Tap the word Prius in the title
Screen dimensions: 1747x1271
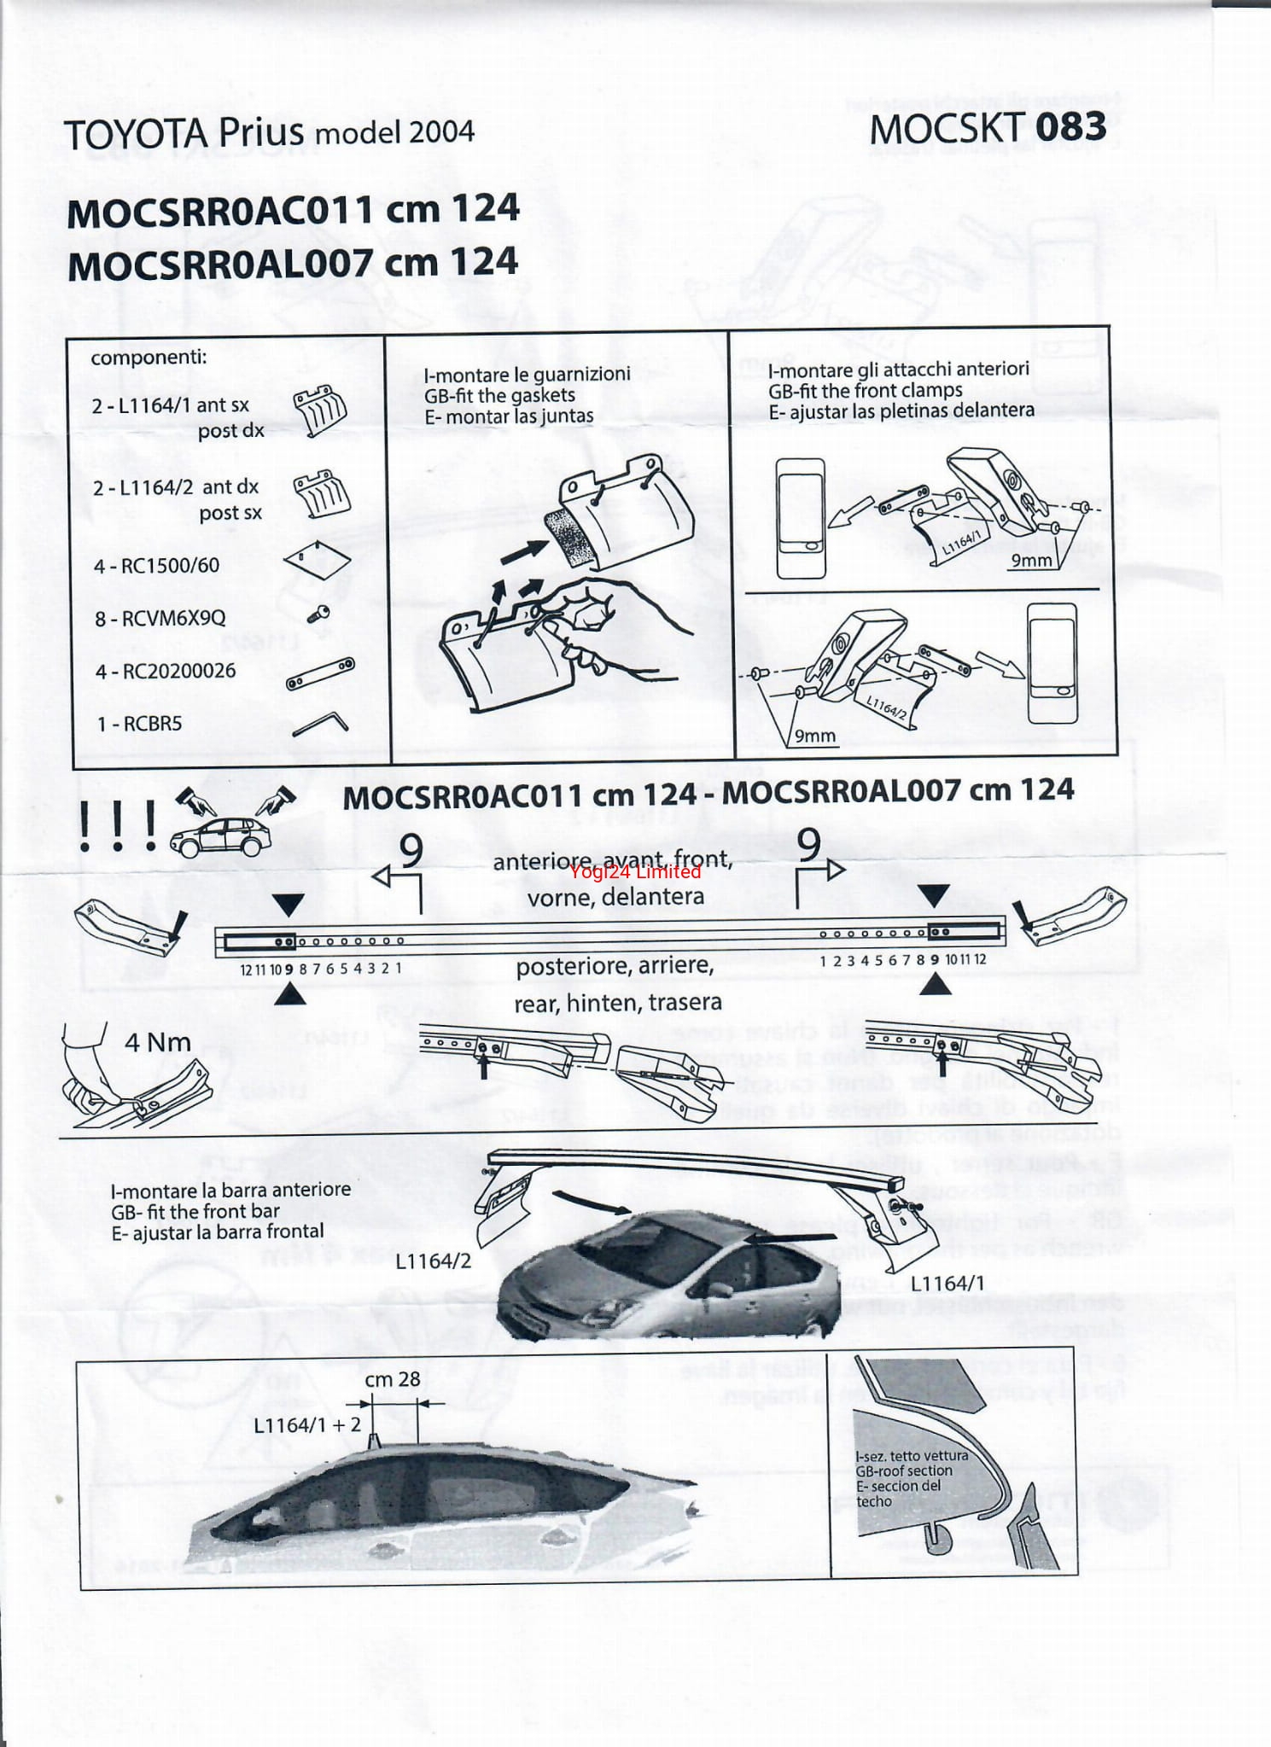[x=260, y=132]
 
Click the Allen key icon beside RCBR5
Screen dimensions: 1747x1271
[x=320, y=725]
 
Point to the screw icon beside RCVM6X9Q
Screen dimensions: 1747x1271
[x=320, y=611]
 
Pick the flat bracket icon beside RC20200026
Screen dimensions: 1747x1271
[x=320, y=673]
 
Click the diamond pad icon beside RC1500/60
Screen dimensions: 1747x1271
[x=316, y=559]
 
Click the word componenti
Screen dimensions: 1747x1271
[x=149, y=357]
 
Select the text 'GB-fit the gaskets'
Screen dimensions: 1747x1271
[x=499, y=395]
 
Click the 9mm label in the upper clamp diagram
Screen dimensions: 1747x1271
[x=1031, y=560]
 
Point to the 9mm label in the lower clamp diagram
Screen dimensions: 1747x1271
[x=814, y=736]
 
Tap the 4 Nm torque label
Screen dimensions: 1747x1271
[x=158, y=1042]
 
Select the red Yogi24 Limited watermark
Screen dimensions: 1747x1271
[x=634, y=871]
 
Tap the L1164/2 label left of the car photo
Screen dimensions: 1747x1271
[x=433, y=1261]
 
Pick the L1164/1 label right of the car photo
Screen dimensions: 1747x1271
[x=947, y=1283]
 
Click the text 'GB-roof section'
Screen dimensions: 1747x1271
[x=904, y=1470]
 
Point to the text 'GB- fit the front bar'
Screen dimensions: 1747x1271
[x=195, y=1211]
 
